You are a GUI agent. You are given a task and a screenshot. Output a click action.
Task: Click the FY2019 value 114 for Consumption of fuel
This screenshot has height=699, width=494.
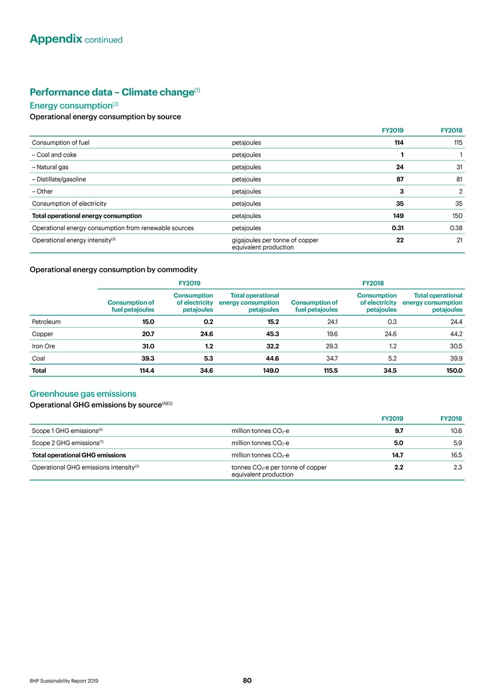(397, 143)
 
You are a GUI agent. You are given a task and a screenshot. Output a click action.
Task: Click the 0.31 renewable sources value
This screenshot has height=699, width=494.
(396, 227)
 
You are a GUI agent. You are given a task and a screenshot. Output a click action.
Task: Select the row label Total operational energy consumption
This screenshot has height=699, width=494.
(86, 215)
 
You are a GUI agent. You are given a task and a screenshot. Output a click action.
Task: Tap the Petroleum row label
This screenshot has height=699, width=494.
(46, 322)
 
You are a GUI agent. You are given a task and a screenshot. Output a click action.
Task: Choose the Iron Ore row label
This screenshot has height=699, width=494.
(43, 346)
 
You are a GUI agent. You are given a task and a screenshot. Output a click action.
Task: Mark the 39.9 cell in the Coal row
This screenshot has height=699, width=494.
(454, 358)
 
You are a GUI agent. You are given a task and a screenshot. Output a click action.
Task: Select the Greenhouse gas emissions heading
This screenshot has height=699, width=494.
(78, 393)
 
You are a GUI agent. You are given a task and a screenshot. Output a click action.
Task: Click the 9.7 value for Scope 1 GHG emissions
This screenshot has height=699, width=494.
(398, 431)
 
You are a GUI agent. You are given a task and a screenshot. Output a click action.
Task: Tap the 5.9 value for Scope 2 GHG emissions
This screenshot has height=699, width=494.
(457, 443)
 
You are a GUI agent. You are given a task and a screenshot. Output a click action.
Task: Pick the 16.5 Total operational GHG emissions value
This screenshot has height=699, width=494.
(455, 455)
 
